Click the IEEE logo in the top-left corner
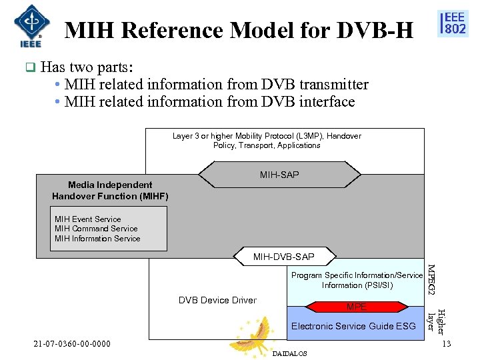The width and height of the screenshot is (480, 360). (x=28, y=25)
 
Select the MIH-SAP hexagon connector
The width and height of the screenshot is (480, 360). (x=279, y=175)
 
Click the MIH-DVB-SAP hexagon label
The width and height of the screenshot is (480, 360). (x=284, y=257)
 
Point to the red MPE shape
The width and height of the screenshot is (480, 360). (x=357, y=307)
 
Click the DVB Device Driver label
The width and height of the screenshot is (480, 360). (x=217, y=301)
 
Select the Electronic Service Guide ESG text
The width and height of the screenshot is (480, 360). (x=353, y=326)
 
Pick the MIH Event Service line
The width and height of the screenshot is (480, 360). (x=88, y=219)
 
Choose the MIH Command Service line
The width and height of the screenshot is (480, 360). (x=96, y=229)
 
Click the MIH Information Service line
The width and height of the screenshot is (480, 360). (x=97, y=239)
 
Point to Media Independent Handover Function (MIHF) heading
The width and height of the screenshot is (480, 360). (x=110, y=191)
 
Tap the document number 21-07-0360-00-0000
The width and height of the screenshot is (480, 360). (x=73, y=344)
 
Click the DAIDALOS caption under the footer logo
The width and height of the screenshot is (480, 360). (x=290, y=354)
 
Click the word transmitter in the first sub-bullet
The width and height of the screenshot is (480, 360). (x=334, y=85)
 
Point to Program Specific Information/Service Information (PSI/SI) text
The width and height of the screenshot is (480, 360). (x=357, y=280)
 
